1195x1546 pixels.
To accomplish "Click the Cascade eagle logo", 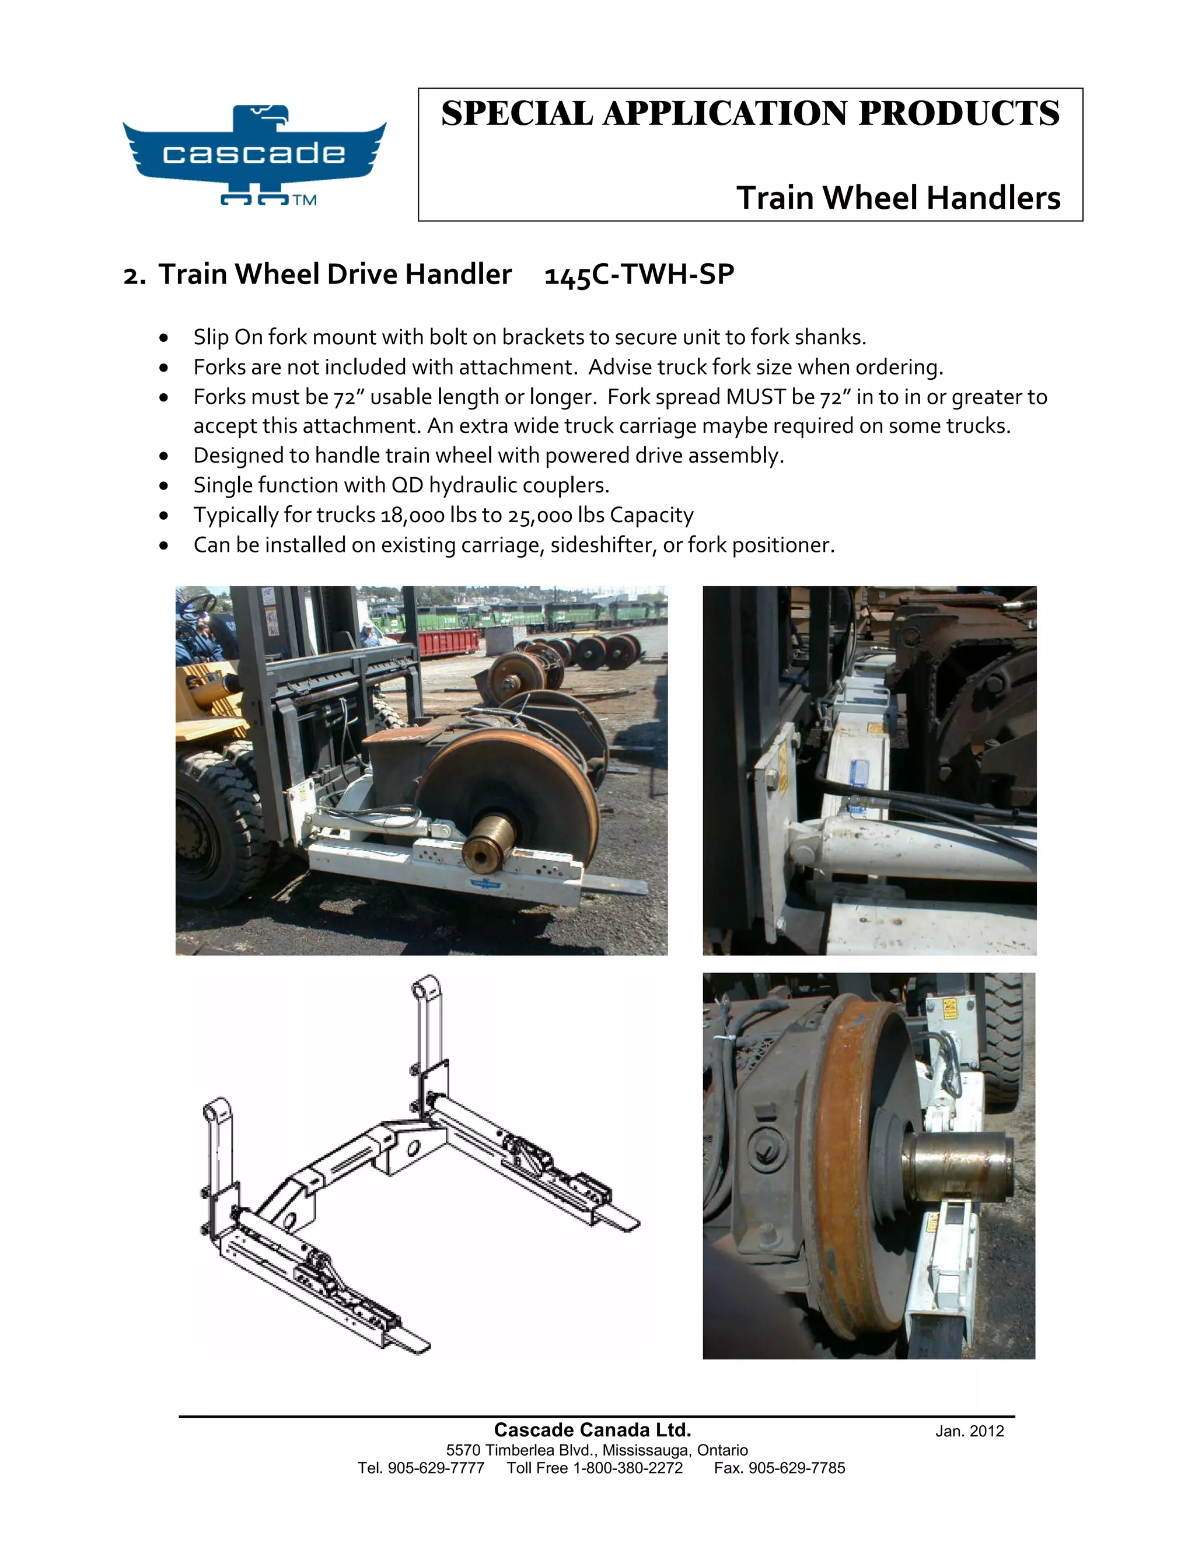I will [254, 153].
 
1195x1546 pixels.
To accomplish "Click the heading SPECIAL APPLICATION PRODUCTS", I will [750, 114].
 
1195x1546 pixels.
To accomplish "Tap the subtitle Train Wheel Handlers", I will [897, 198].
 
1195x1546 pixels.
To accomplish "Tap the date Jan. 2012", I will [969, 1431].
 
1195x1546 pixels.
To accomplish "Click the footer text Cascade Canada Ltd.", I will [592, 1430].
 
